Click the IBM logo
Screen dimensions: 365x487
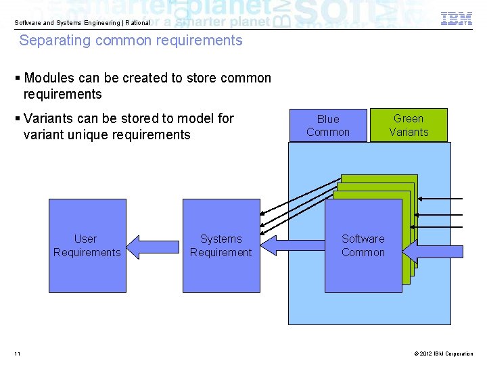457,19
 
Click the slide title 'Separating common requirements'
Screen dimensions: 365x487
131,41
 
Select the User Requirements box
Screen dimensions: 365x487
87,245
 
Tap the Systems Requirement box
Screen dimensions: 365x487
221,245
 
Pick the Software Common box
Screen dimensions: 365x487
363,245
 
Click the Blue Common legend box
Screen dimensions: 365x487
328,126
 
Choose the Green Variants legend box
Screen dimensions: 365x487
409,125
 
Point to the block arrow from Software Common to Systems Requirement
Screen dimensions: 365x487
292,245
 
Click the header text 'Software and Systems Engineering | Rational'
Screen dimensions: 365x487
83,23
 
